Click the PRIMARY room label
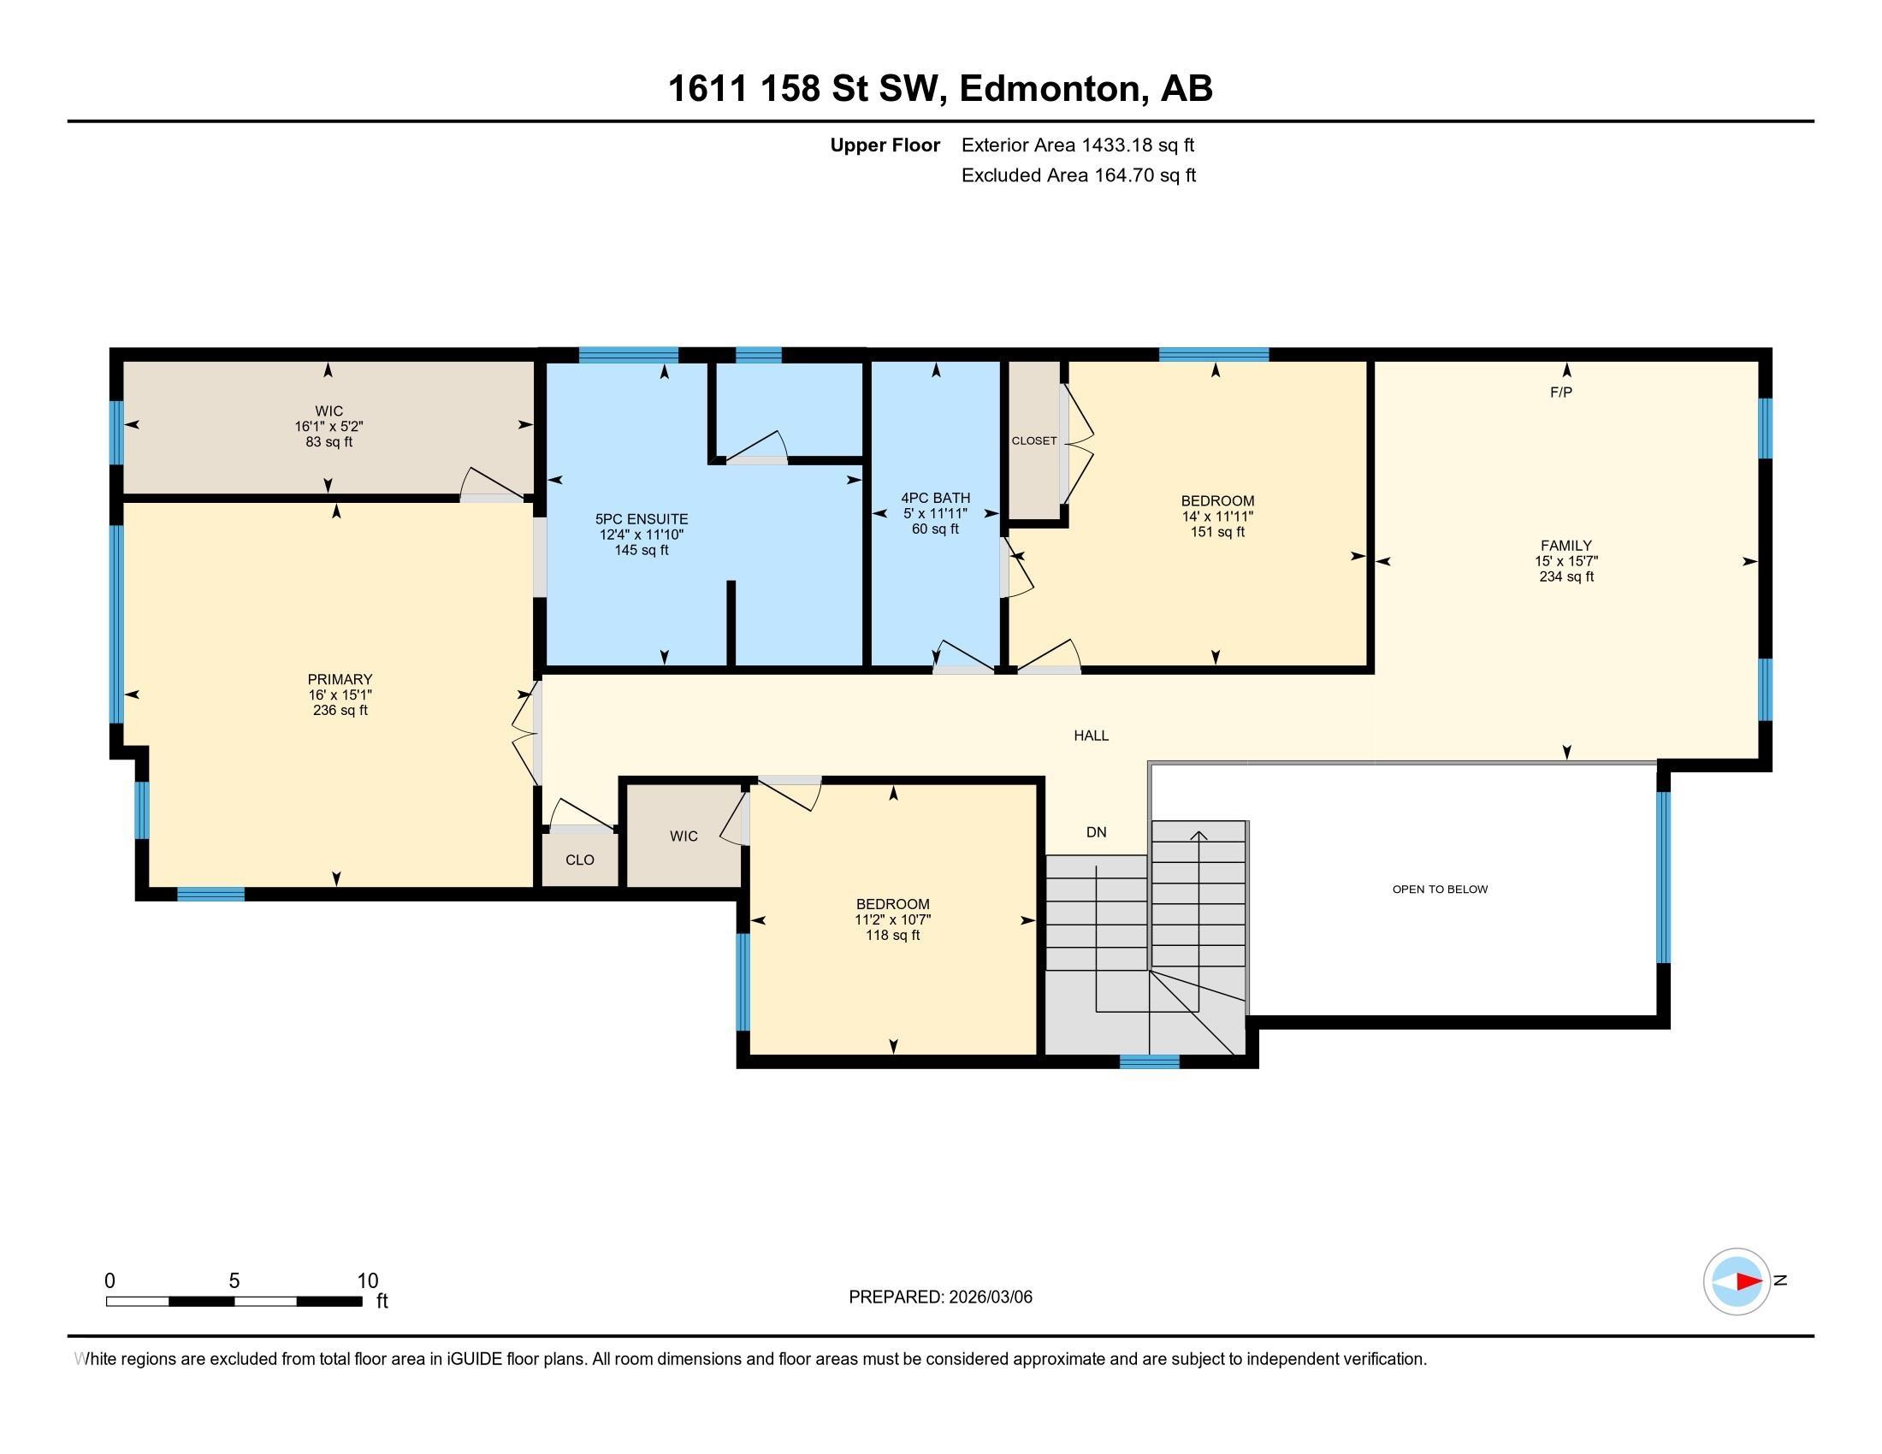coord(340,680)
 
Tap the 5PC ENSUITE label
coord(642,519)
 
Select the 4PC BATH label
coord(936,498)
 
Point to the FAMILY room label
coord(1566,546)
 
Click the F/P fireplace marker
coord(1561,393)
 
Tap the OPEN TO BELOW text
coord(1440,889)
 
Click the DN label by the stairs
coord(1096,832)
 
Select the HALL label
coord(1091,736)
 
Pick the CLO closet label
coord(580,860)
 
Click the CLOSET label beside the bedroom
coord(1034,441)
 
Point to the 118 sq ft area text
coord(893,936)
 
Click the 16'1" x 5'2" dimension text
coord(329,427)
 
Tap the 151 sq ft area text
coord(1216,532)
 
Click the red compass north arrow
coord(1748,1282)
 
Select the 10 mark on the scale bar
coord(368,1281)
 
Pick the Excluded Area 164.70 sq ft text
coord(1079,175)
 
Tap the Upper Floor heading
coord(885,145)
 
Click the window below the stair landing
coord(1150,1062)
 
